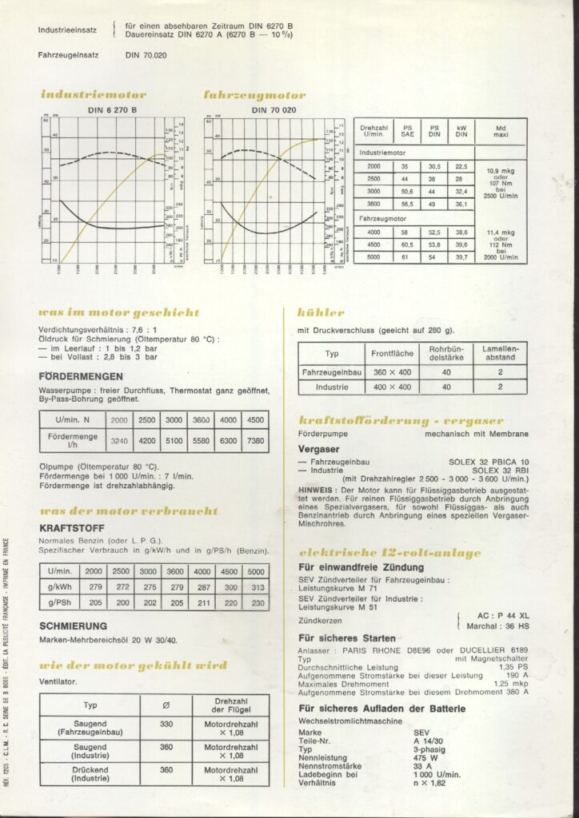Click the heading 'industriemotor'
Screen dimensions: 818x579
coord(93,95)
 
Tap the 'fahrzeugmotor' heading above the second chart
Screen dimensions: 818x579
coord(254,95)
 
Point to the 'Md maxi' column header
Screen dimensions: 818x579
coord(501,131)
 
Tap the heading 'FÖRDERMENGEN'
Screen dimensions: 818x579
coord(81,376)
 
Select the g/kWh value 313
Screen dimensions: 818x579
coord(257,587)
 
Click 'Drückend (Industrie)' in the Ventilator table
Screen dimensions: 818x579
coord(90,774)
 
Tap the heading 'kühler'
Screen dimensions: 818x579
coord(321,312)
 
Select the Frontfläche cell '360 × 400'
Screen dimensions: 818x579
coord(392,371)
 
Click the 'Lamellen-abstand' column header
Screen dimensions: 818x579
coord(500,352)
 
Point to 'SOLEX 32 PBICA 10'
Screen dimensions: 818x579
coord(490,462)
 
